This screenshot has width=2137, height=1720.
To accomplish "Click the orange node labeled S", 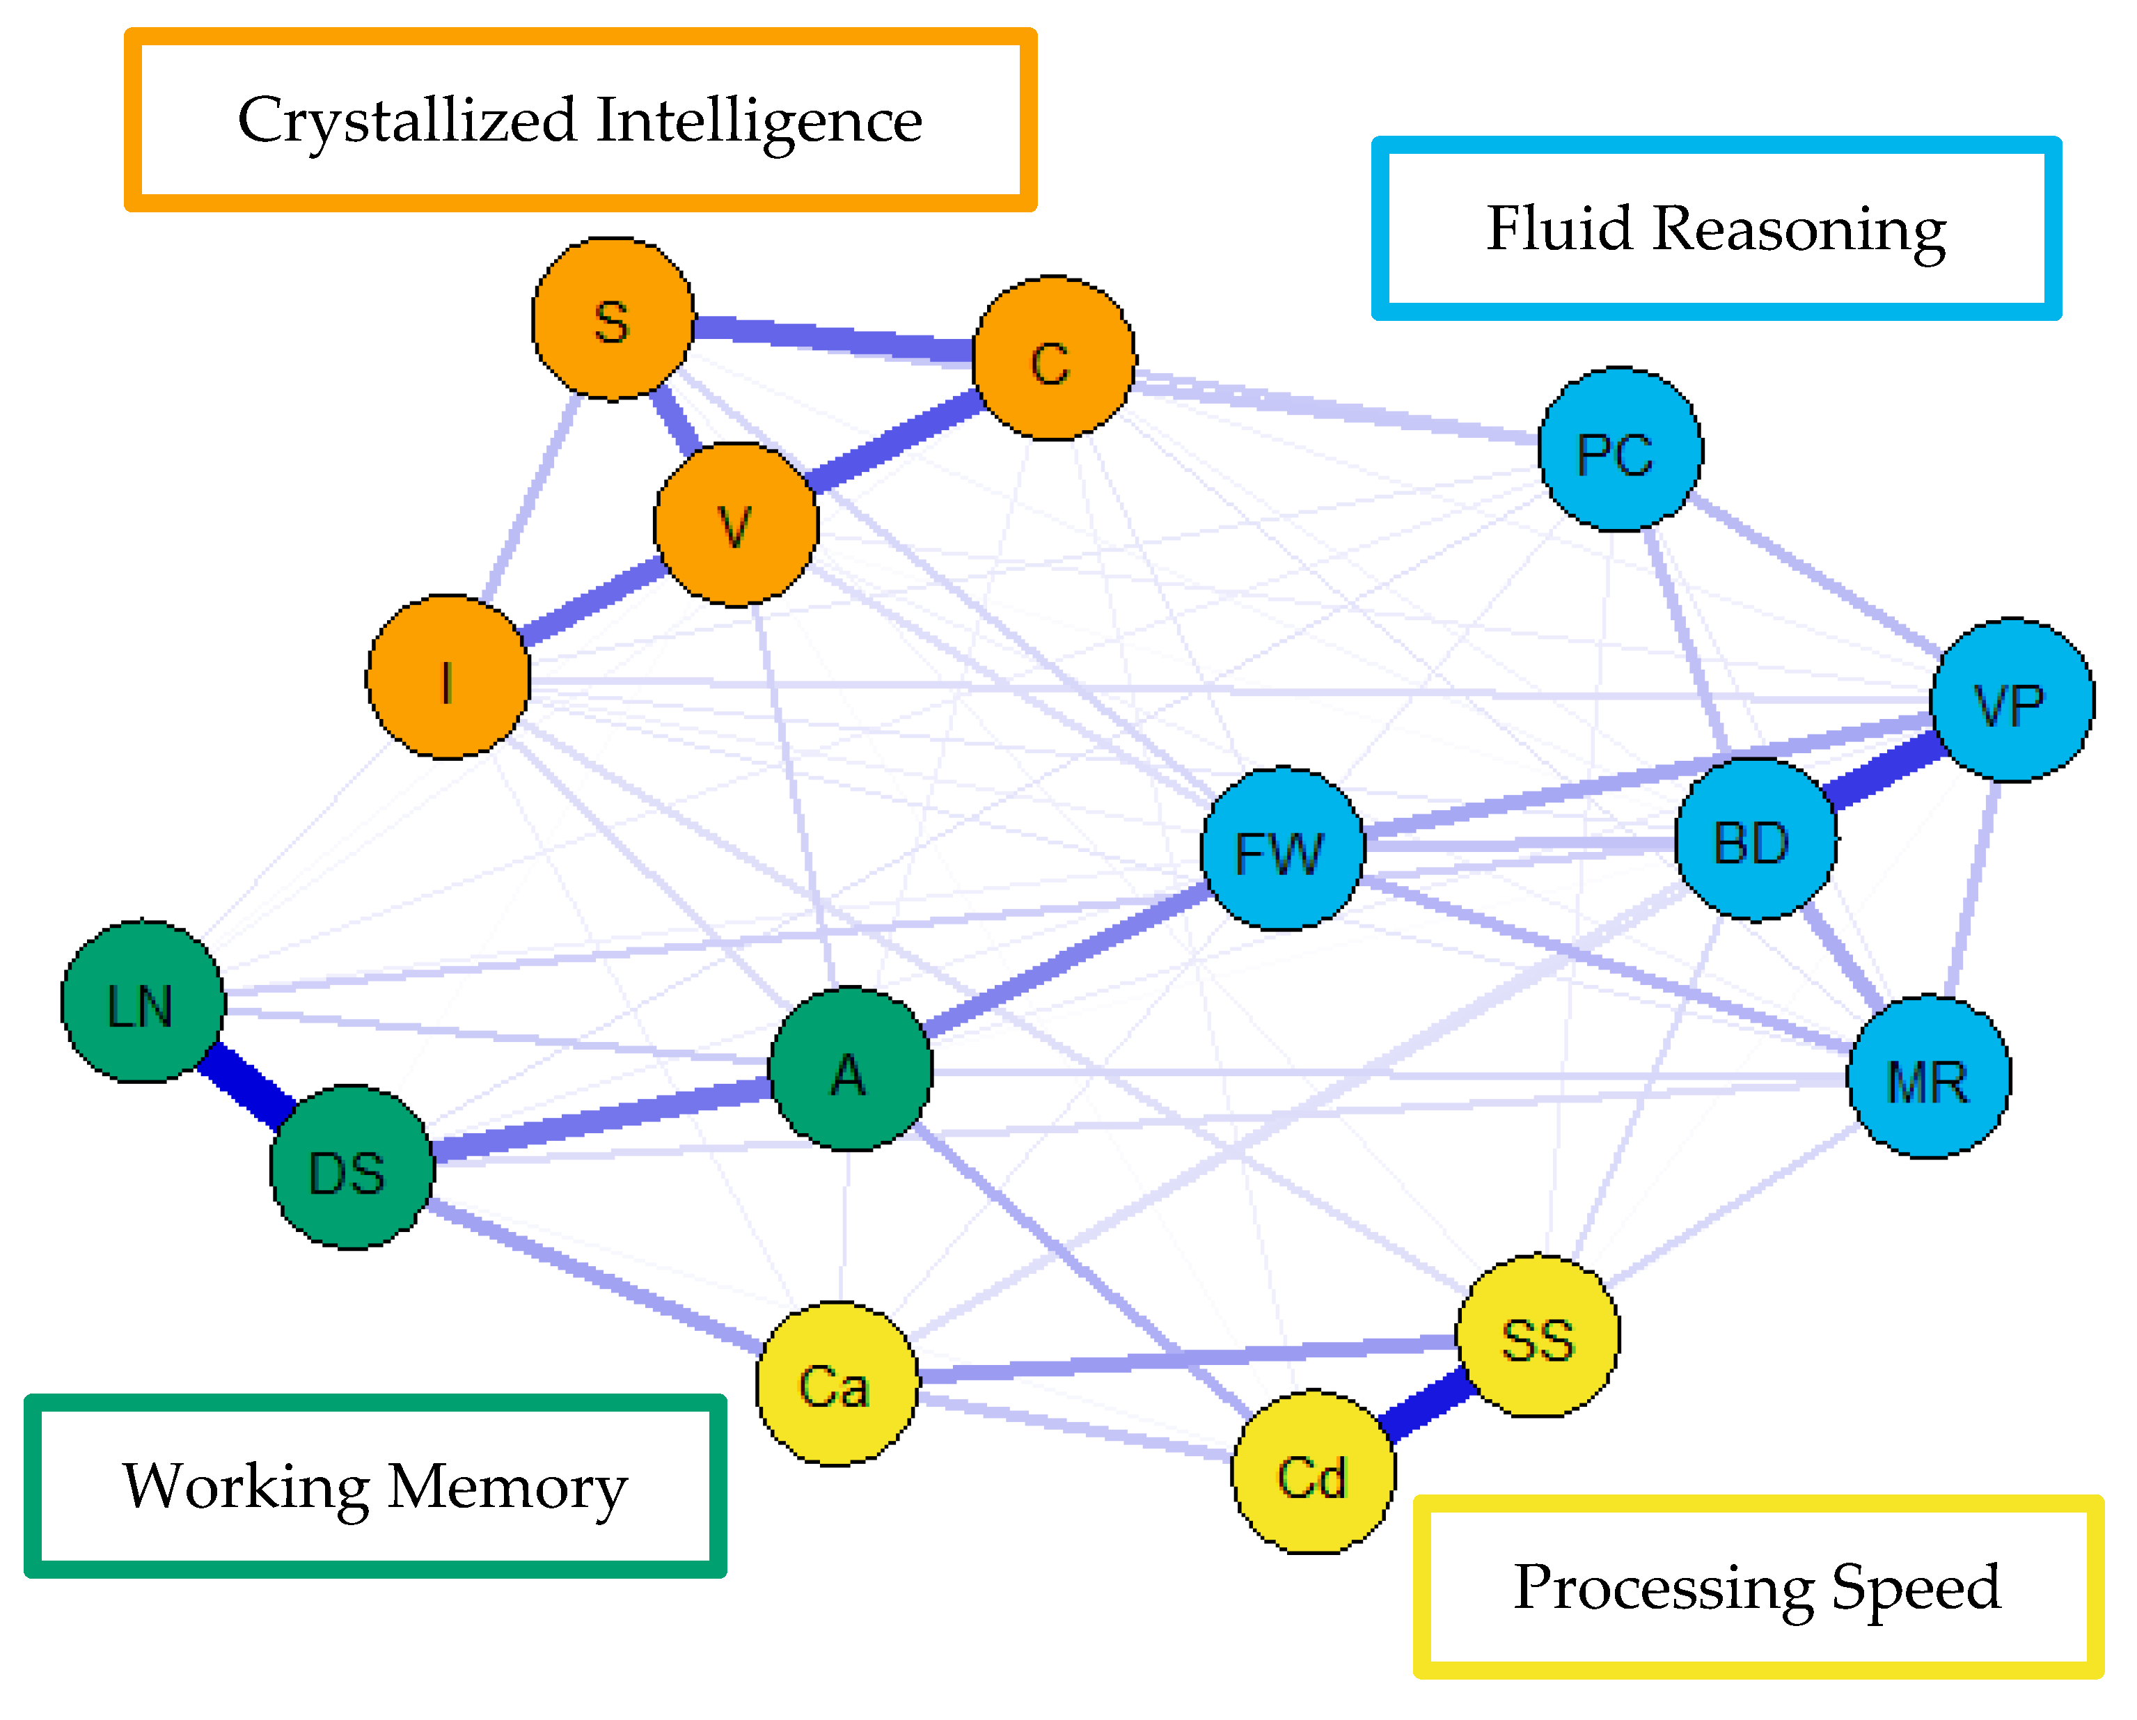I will pos(613,319).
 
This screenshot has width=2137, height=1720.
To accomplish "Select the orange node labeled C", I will pos(1054,359).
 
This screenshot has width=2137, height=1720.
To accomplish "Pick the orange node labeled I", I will pos(448,678).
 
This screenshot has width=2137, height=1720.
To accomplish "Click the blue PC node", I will pos(1621,450).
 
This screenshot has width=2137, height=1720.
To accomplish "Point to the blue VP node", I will pos(2012,701).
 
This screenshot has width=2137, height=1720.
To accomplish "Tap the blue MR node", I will pos(1929,1078).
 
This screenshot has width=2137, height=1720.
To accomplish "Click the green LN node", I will pos(143,1002).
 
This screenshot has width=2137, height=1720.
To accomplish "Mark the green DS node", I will pos(352,1169).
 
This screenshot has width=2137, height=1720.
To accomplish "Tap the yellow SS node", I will pos(1538,1336).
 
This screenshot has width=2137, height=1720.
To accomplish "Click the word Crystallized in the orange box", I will pos(407,121).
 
